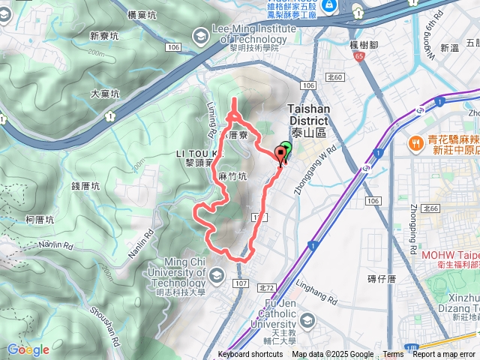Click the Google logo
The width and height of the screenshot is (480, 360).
point(28,349)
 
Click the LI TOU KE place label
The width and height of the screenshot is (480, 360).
point(199,152)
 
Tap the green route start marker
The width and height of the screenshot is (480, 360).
point(286,148)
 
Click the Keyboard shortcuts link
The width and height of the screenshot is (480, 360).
point(250,355)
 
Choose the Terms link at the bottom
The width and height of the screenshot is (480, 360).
point(393,355)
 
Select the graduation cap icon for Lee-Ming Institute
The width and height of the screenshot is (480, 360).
point(200,35)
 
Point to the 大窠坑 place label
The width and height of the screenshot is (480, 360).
point(105,94)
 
